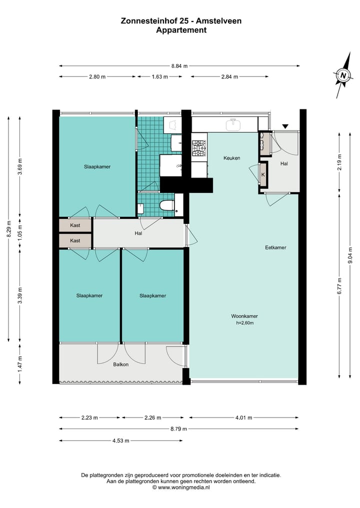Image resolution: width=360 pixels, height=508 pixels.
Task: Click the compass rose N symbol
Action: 343,76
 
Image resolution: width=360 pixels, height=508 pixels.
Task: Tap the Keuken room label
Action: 232,158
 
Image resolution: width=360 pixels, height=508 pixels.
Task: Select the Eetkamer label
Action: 275,248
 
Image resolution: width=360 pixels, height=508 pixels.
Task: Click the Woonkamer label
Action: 244,316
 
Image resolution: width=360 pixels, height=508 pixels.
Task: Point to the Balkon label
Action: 120,365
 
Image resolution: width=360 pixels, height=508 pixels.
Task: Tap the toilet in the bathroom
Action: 167,205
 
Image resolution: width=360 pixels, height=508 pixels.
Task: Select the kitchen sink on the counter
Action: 233,124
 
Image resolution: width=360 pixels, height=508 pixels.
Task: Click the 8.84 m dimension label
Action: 179,66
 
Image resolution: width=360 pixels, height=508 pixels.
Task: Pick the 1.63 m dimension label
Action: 160,77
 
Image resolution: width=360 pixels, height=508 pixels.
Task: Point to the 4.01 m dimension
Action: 243,418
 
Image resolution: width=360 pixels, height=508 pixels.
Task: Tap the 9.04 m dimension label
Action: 350,256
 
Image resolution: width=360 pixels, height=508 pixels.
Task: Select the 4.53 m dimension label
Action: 120,441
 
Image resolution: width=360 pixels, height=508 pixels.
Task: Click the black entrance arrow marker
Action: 285,127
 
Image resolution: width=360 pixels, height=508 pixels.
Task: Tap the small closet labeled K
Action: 263,175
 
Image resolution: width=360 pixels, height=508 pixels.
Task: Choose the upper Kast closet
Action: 75,225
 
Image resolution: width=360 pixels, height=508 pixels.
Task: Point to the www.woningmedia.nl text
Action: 184,487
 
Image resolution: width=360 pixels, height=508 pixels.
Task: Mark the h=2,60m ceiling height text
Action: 245,323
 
